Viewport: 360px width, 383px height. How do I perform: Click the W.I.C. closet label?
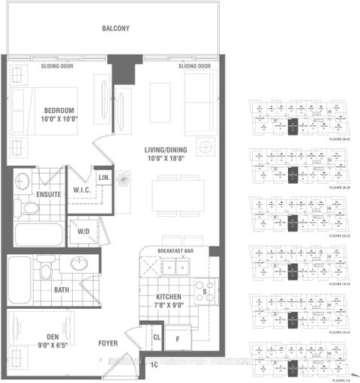pyautogui.click(x=82, y=190)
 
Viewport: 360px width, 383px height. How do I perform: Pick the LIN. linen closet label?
pyautogui.click(x=105, y=177)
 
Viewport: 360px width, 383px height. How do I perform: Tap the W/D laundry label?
pyautogui.click(x=82, y=232)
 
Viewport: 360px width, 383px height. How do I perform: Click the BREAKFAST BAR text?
pyautogui.click(x=176, y=251)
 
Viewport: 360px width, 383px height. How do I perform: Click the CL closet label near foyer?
pyautogui.click(x=157, y=337)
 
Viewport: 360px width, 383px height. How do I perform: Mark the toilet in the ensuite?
pyautogui.click(x=30, y=207)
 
